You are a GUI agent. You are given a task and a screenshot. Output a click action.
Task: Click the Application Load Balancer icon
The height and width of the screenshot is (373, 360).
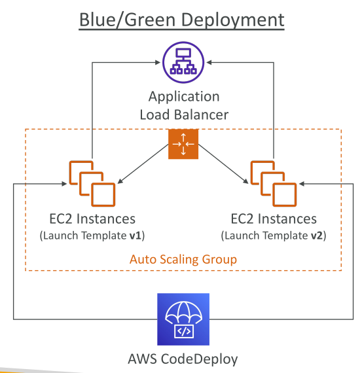[x=183, y=62]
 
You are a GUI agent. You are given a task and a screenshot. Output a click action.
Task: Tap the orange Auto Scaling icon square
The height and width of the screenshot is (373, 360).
[x=183, y=144]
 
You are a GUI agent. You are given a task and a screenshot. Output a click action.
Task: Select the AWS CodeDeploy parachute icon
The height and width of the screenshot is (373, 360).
[x=183, y=319]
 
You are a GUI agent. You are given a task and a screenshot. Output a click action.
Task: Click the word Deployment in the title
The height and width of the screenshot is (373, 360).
[x=233, y=20]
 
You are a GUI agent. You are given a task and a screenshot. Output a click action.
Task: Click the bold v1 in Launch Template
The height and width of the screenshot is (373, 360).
[x=135, y=236]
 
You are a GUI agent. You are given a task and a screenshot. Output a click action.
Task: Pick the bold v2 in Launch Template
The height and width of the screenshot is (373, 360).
[x=317, y=236]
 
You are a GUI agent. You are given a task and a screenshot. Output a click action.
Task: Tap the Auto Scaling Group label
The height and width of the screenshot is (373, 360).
[x=183, y=259]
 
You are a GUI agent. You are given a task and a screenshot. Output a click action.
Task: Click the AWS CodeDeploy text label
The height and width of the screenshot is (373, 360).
[x=183, y=359]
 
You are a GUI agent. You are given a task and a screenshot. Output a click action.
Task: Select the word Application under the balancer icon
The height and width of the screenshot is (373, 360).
[x=184, y=97]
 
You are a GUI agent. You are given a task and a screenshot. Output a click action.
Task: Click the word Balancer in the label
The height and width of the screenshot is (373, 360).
[x=201, y=115]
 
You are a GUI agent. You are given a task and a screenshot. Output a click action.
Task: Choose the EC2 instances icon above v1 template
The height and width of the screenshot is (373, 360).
[x=92, y=184]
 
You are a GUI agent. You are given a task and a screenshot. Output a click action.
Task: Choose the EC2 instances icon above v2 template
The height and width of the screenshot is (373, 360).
[x=274, y=184]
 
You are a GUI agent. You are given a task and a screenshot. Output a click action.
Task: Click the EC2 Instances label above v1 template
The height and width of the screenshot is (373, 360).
[x=92, y=219]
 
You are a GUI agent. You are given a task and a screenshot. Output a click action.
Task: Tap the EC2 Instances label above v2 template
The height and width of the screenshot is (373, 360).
[x=274, y=219]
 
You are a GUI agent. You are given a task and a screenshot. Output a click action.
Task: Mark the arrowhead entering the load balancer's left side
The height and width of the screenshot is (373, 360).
[x=158, y=62]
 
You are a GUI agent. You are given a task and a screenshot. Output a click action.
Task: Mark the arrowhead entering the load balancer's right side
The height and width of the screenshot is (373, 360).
[x=209, y=62]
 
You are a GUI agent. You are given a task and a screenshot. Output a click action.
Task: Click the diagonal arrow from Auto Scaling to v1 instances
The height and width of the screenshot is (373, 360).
[x=143, y=164]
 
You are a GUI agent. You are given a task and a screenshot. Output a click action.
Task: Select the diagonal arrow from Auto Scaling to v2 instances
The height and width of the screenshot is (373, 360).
[x=223, y=164]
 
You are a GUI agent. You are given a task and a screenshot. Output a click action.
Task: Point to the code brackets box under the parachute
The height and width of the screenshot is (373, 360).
[x=184, y=331]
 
